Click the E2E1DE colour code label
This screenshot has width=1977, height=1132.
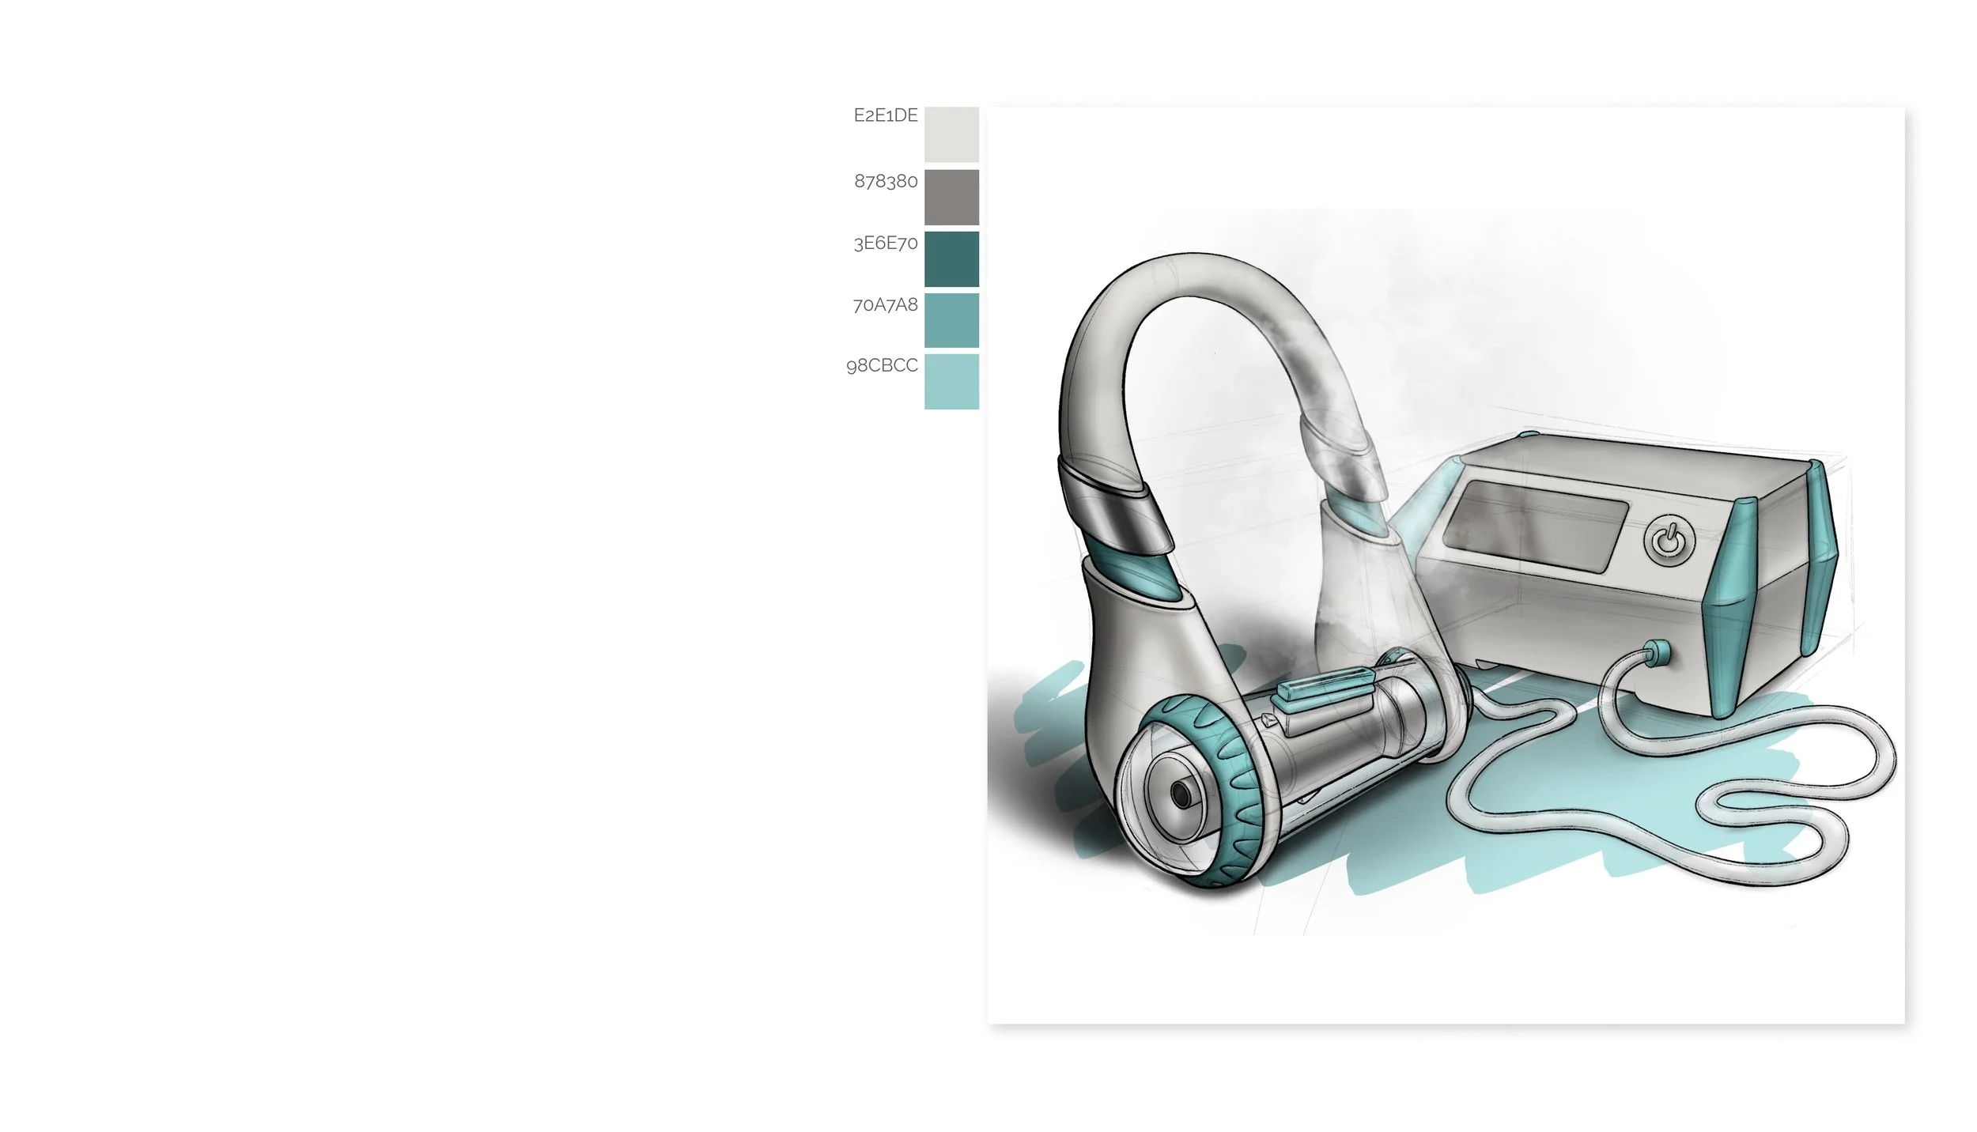coord(886,115)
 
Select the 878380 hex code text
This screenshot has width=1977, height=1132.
coord(886,181)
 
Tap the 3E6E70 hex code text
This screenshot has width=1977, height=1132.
coord(886,243)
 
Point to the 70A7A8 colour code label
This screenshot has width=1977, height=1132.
coord(886,304)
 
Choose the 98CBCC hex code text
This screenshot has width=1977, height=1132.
coord(882,365)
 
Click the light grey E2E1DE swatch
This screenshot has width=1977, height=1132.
coord(951,134)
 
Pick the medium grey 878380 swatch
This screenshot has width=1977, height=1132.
coord(951,197)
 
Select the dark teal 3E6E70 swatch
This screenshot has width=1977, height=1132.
coord(951,258)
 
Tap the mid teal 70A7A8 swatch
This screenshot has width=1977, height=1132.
coord(951,320)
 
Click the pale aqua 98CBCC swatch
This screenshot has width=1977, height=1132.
coord(951,382)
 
